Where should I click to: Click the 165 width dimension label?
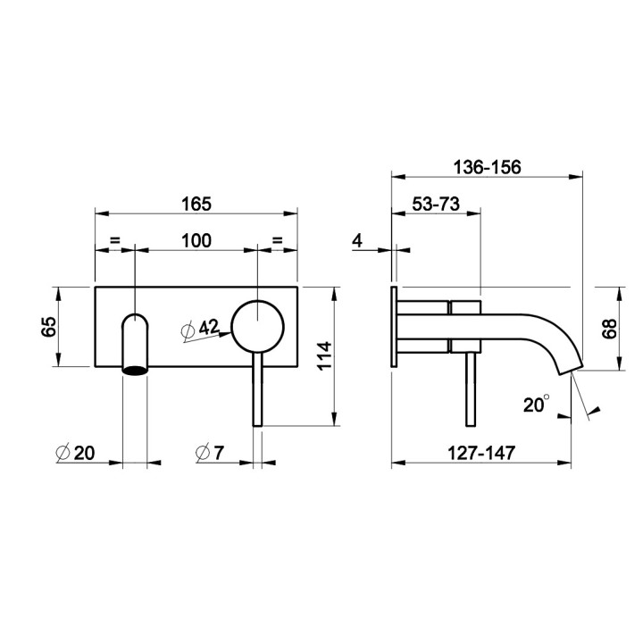pos(196,205)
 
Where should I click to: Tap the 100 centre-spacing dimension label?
pos(196,241)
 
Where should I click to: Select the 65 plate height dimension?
pos(49,327)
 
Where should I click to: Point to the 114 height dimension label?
pos(325,355)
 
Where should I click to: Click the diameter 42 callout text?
pos(201,329)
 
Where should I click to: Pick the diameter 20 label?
pos(75,453)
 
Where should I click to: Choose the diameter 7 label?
pos(210,453)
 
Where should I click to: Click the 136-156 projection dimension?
pos(488,167)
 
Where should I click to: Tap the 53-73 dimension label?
pos(436,205)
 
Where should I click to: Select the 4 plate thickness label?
pos(357,241)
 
